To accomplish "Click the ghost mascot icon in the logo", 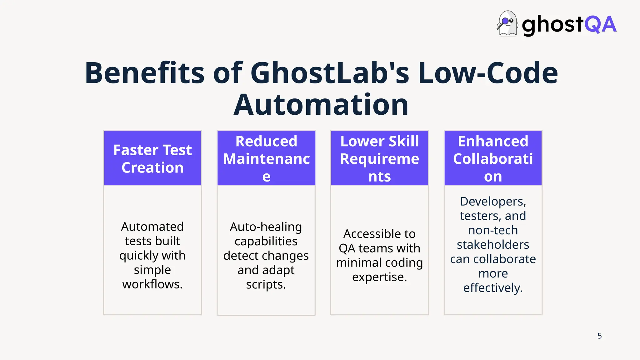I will (x=507, y=24).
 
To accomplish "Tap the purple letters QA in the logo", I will (x=600, y=25).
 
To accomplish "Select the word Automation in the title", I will (x=321, y=105).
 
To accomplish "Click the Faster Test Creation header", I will (x=152, y=159).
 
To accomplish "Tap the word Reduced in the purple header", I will (x=266, y=141).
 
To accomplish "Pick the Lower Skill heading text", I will (x=379, y=141).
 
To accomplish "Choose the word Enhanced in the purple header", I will (x=493, y=141).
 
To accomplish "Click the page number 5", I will (x=599, y=336).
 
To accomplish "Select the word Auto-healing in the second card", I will (x=266, y=227).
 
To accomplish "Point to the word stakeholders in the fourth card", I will (x=493, y=245).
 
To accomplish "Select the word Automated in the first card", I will (x=152, y=227).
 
